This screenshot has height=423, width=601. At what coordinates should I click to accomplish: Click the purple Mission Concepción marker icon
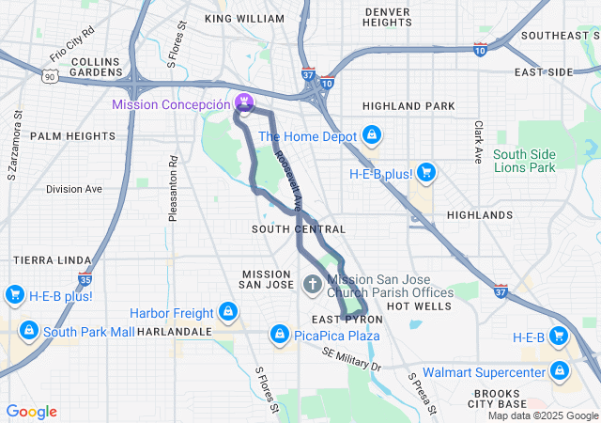[x=244, y=102]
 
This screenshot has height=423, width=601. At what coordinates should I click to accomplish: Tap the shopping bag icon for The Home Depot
[x=373, y=136]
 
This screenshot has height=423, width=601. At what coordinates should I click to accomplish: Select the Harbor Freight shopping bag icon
[x=226, y=311]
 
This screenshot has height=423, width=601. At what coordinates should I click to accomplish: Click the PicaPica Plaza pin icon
[x=279, y=335]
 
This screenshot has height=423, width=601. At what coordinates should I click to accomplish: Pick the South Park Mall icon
[x=29, y=331]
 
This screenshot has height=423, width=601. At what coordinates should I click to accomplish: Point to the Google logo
[x=31, y=412]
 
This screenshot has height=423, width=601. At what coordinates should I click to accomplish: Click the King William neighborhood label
[x=244, y=19]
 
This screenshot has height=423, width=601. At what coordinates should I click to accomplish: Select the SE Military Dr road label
[x=351, y=359]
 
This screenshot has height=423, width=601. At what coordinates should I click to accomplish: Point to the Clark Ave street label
[x=479, y=141]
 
